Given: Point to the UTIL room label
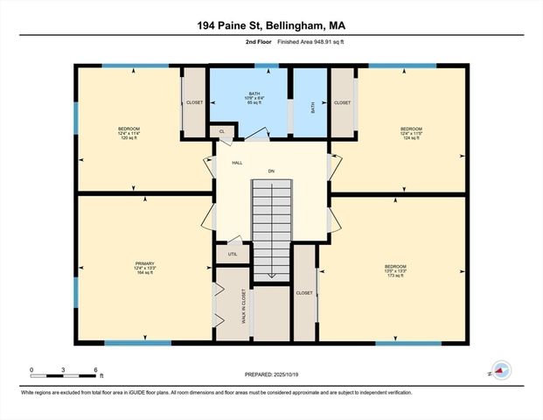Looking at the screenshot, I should point(233,254).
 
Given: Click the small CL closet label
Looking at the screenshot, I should point(222,132).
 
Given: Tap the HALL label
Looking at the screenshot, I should point(237,163).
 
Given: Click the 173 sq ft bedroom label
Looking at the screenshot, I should point(395,270).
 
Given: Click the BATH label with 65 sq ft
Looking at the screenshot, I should point(254,98).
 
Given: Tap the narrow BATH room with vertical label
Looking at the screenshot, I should point(311,108).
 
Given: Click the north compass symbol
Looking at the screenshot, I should point(500,371).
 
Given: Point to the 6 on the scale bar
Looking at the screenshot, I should point(94,369).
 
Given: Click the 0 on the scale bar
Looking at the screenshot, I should point(32,369).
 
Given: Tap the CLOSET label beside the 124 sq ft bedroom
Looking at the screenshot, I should point(342,102).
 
